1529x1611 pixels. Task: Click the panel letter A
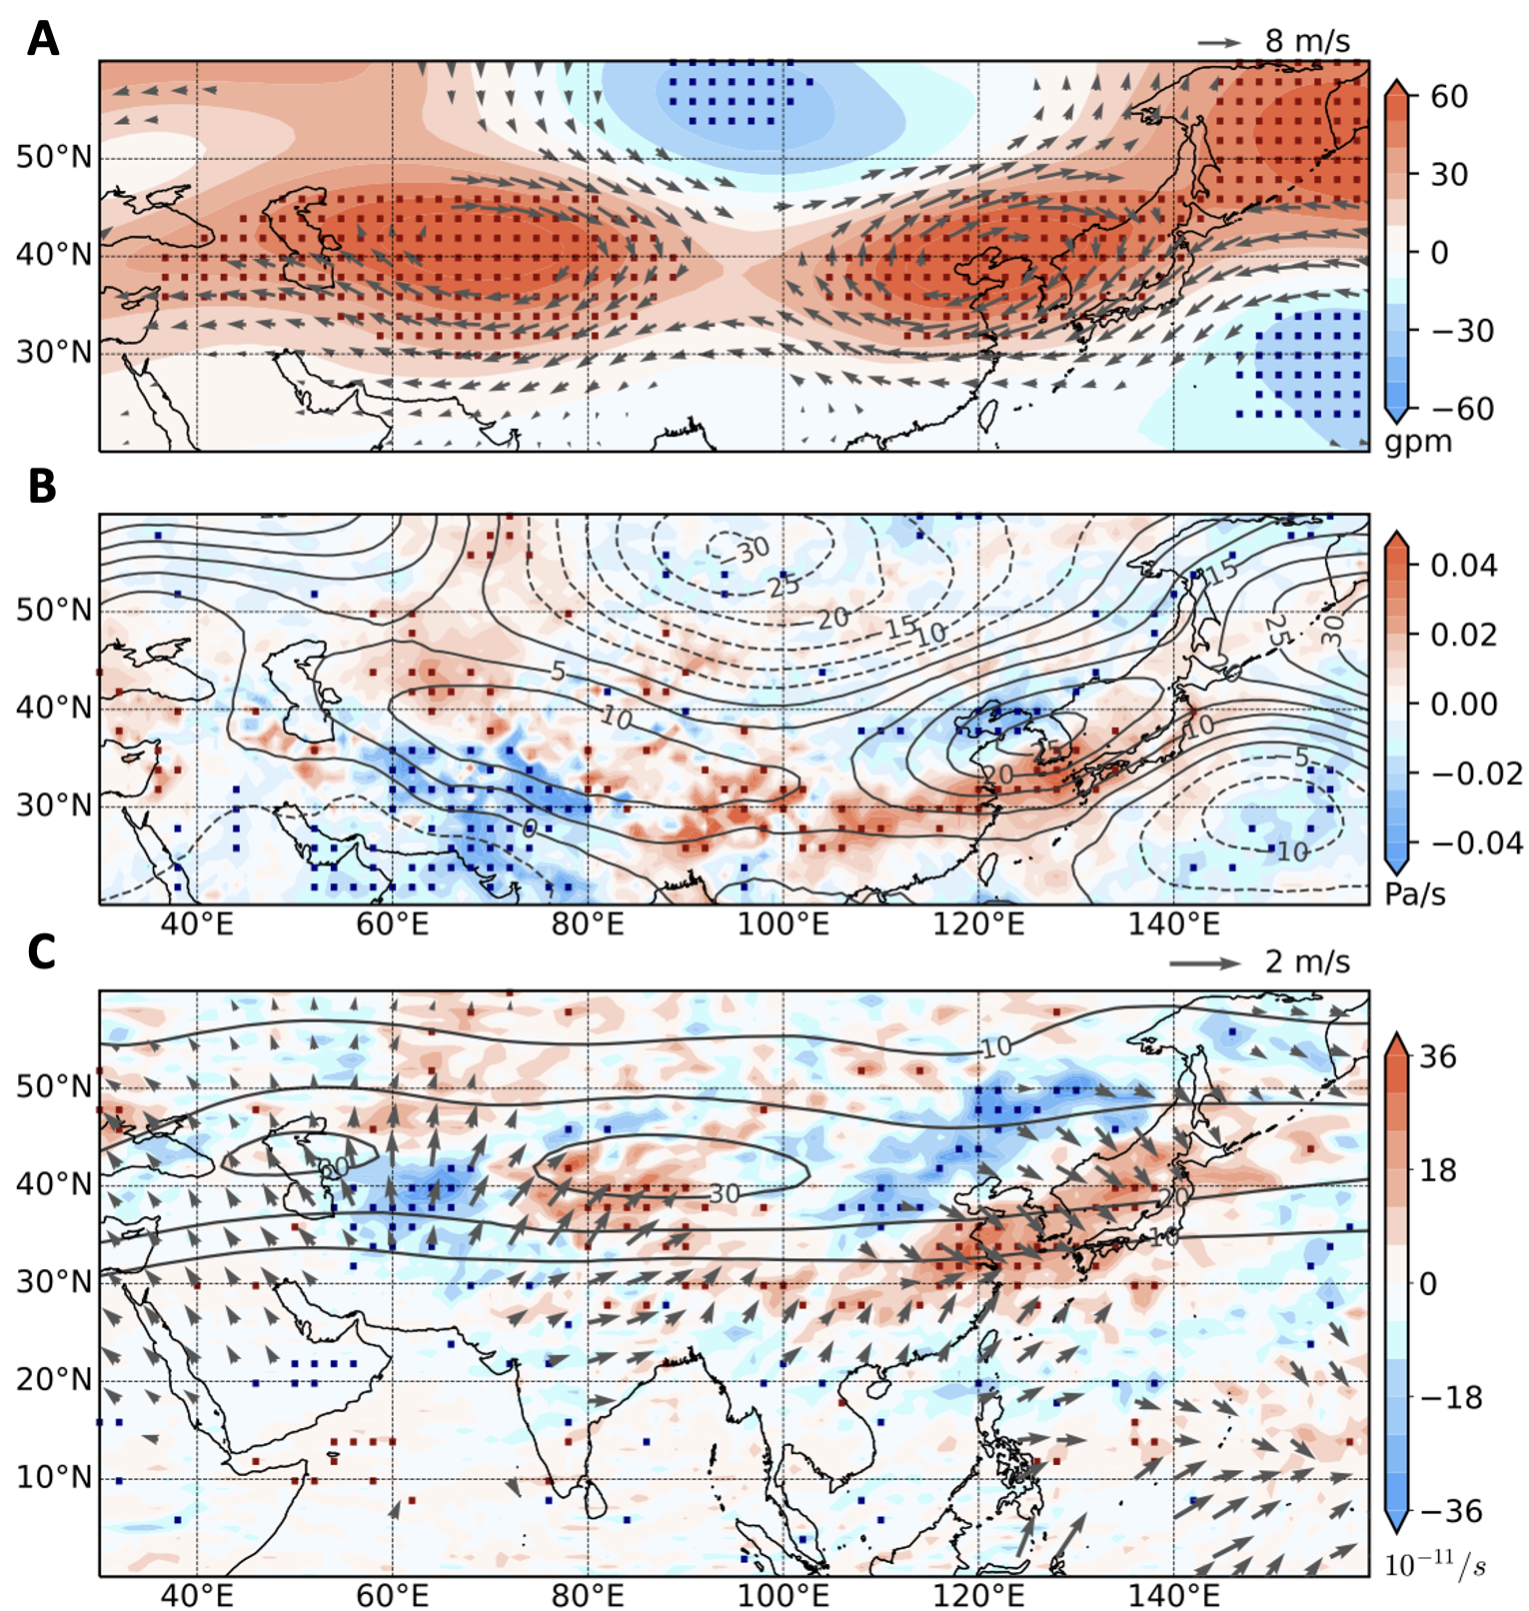pyautogui.click(x=42, y=40)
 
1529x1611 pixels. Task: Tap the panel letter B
pyautogui.click(x=42, y=486)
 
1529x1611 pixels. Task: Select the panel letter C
pyautogui.click(x=42, y=951)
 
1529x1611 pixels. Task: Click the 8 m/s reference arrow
pyautogui.click(x=1219, y=42)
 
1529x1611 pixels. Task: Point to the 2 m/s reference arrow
pyautogui.click(x=1204, y=963)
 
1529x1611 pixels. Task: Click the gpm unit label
pyautogui.click(x=1417, y=442)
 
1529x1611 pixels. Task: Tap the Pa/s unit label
pyautogui.click(x=1415, y=894)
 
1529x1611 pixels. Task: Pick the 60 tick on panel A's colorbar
pyautogui.click(x=1449, y=97)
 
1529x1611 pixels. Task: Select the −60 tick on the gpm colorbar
pyautogui.click(x=1462, y=409)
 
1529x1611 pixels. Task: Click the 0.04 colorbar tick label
pyautogui.click(x=1463, y=566)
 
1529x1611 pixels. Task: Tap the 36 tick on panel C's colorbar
pyautogui.click(x=1437, y=1057)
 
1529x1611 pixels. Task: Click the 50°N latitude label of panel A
pyautogui.click(x=53, y=157)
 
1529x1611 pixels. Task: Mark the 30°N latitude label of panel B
pyautogui.click(x=53, y=805)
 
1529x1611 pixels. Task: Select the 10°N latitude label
pyautogui.click(x=53, y=1477)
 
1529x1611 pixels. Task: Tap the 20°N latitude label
pyautogui.click(x=53, y=1379)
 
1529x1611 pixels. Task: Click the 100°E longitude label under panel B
pyautogui.click(x=782, y=924)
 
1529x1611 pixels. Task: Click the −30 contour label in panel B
pyautogui.click(x=752, y=549)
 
